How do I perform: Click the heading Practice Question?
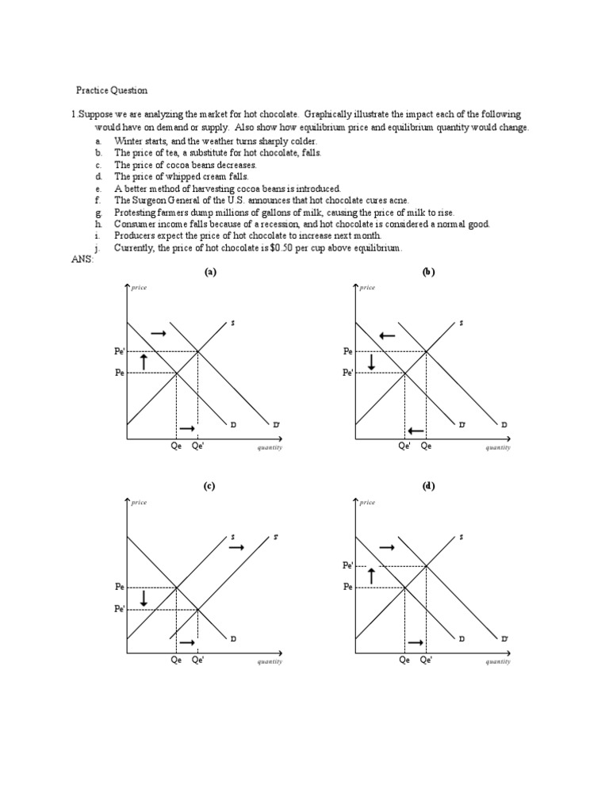[112, 90]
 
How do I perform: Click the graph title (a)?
[210, 271]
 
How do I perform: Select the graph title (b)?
[429, 271]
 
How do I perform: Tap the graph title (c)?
[210, 486]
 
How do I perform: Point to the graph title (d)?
[429, 486]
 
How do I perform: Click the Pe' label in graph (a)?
[119, 351]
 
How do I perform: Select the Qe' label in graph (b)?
[404, 446]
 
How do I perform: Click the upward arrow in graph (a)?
[144, 362]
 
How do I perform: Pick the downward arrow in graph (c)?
[144, 599]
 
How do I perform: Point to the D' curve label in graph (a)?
[276, 426]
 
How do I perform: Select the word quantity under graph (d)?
[498, 661]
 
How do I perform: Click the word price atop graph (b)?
[367, 288]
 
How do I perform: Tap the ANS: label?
[82, 259]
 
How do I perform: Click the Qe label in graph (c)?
[176, 660]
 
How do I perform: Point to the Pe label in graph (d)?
[347, 587]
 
